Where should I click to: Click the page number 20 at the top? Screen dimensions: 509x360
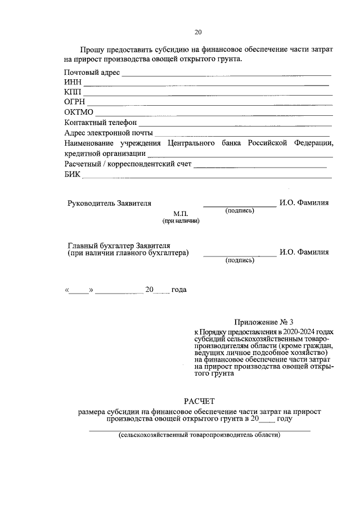pyautogui.click(x=198, y=31)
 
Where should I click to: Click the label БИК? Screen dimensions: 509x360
pyautogui.click(x=73, y=174)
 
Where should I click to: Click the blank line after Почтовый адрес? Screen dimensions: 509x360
pyautogui.click(x=226, y=74)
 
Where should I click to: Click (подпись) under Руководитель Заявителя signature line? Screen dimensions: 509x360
pyautogui.click(x=240, y=211)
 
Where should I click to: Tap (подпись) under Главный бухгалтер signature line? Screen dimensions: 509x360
pyautogui.click(x=240, y=260)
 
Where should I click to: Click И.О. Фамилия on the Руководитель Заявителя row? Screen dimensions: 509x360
pyautogui.click(x=304, y=202)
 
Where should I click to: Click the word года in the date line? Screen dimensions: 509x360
pyautogui.click(x=178, y=290)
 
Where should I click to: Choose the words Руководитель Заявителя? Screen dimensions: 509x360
pyautogui.click(x=109, y=202)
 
